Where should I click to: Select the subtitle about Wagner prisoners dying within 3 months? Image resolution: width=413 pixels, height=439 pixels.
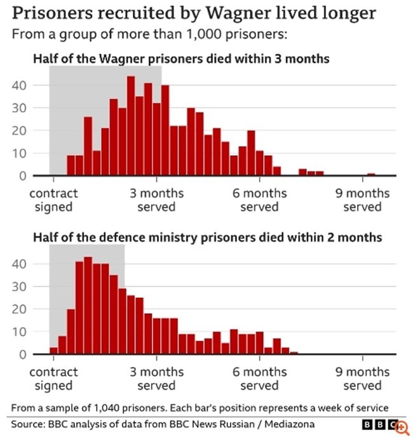[180, 60]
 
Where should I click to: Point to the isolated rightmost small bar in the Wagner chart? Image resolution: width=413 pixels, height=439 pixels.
[371, 174]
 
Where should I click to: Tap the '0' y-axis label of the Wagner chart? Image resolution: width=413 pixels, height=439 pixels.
[23, 175]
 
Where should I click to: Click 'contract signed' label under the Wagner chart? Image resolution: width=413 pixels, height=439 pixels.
[54, 200]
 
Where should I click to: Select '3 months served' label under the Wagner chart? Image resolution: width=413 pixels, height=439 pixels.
[156, 200]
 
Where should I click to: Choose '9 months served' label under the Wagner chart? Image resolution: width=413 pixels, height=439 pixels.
[363, 200]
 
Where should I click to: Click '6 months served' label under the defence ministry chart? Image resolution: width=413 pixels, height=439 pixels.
[260, 379]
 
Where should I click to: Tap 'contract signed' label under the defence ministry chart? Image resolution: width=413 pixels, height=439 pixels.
[54, 379]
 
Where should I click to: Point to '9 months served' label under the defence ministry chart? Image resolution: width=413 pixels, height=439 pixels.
[363, 379]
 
